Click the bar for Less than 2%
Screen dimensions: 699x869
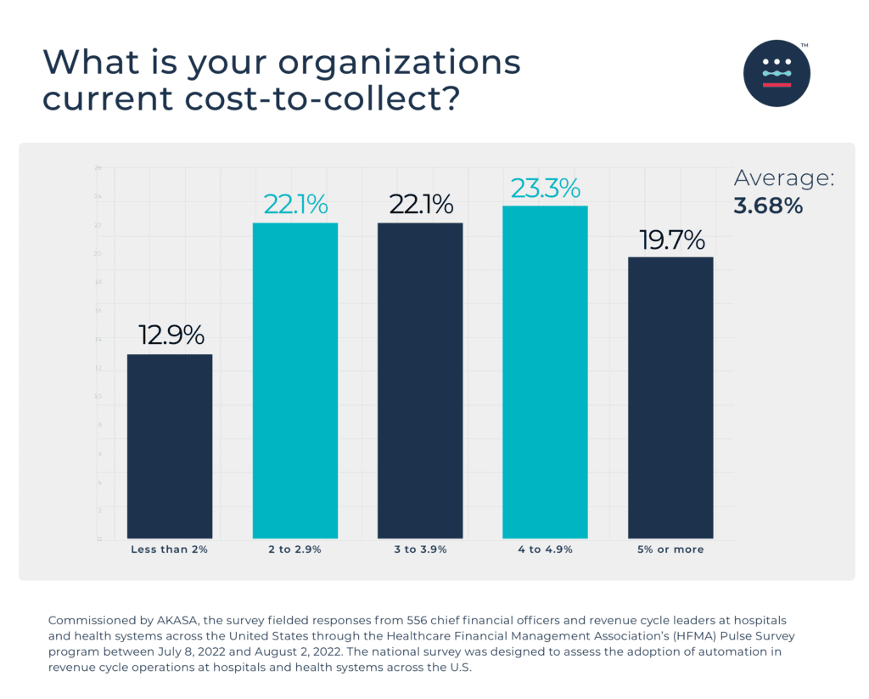[170, 446]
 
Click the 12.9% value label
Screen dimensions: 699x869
[171, 335]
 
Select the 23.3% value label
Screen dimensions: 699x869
[545, 188]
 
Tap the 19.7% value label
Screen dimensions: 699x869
[671, 240]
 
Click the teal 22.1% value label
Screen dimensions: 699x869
[295, 205]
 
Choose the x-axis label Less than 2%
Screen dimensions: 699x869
[170, 550]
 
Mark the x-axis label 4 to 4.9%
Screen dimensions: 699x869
[545, 550]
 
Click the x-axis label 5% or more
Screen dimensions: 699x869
[670, 550]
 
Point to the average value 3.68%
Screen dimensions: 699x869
[768, 206]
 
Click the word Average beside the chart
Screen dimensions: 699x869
[783, 178]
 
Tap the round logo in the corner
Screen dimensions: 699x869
[776, 73]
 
